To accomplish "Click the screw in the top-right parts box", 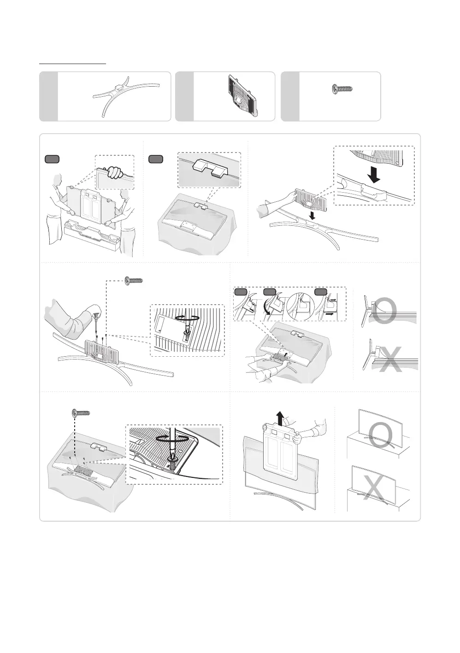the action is (x=342, y=89).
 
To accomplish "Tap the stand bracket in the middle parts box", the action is (x=242, y=95).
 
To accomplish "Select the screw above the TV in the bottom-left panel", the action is (x=81, y=412).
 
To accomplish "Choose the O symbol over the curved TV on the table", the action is (x=381, y=436).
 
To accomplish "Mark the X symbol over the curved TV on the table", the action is (x=373, y=489).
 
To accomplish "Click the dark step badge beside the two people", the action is (x=52, y=159).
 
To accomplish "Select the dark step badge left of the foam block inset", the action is (x=156, y=159).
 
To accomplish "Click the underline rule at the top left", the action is (x=72, y=64).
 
